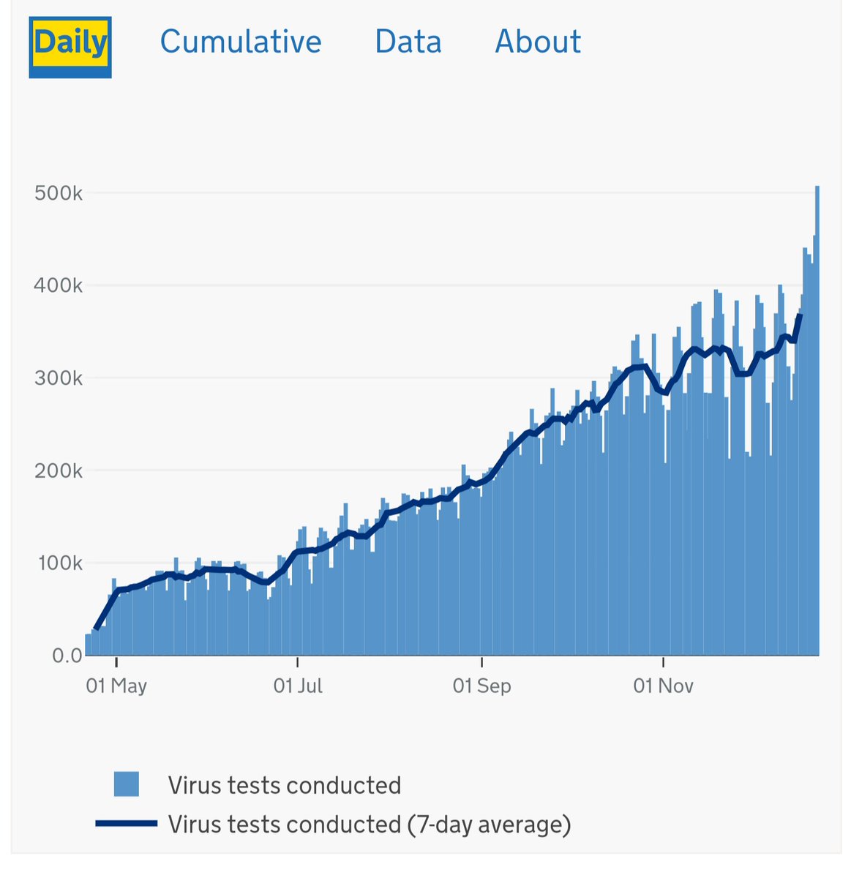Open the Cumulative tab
[x=241, y=42]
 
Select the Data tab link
[x=408, y=42]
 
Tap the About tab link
[x=538, y=42]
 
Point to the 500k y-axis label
[x=58, y=193]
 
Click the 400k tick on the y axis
[x=58, y=285]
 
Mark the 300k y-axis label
[x=58, y=378]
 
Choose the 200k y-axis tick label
[x=58, y=470]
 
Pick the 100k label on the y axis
[x=58, y=563]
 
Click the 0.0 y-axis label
[x=67, y=656]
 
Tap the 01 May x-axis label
[x=116, y=686]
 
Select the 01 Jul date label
[x=298, y=686]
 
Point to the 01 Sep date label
[x=481, y=686]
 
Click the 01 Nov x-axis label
[x=664, y=686]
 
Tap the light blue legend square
[x=127, y=784]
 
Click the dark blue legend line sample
[x=126, y=824]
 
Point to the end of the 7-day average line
[x=801, y=315]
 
